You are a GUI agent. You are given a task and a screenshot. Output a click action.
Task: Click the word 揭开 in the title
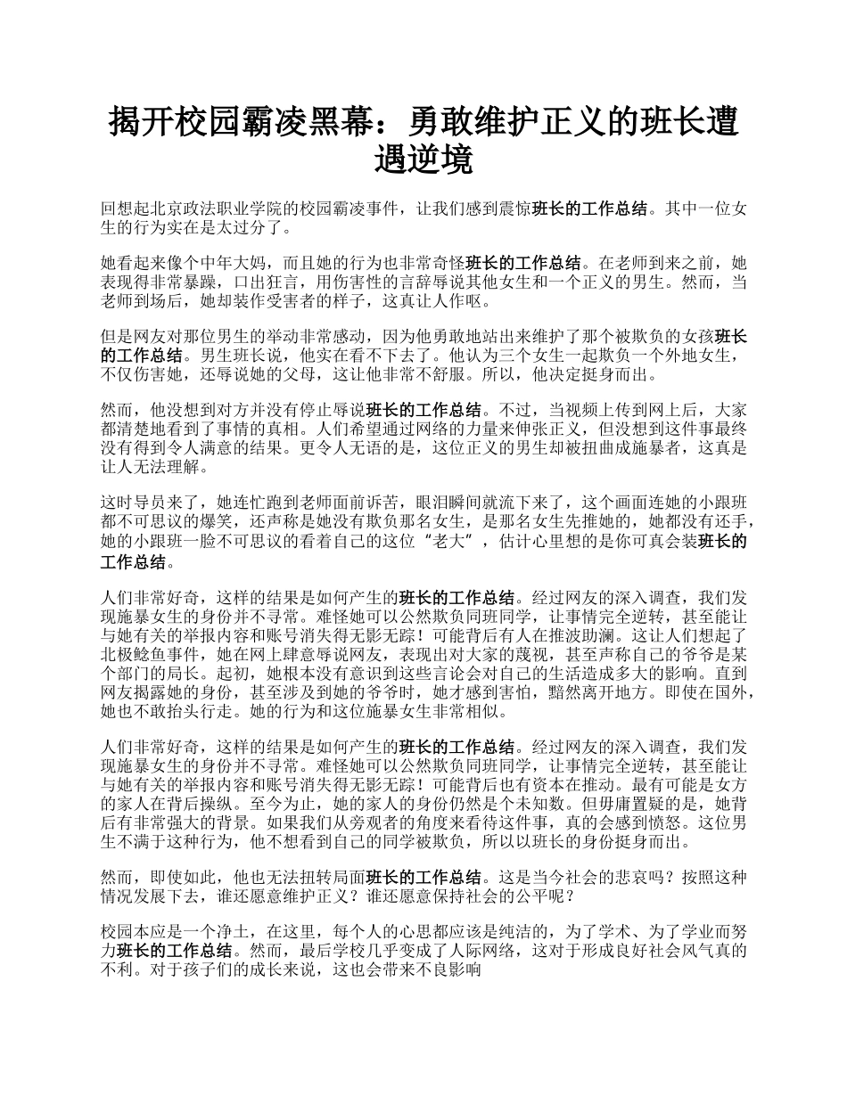click(x=136, y=121)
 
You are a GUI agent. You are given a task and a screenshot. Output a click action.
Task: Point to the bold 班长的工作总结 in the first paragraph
click(x=589, y=209)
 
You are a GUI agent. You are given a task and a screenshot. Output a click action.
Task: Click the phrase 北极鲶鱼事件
click(x=144, y=651)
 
